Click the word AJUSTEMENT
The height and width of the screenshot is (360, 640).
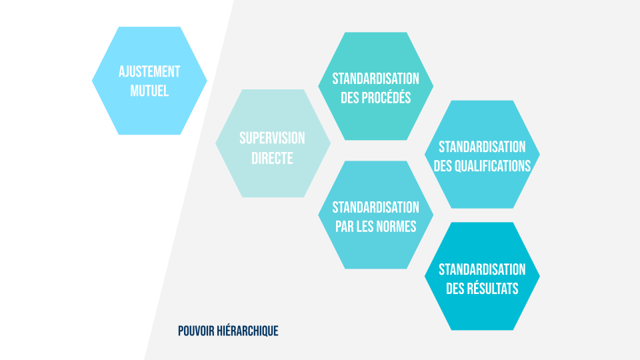pos(149,71)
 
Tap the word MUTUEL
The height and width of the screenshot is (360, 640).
pos(149,90)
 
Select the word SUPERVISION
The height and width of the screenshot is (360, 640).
pos(272,138)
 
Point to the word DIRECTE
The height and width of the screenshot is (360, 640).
pos(272,159)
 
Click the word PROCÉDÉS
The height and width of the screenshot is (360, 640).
pos(387,97)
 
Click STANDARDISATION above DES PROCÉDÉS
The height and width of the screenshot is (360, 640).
pos(376,79)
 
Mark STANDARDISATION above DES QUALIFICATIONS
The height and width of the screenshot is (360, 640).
pos(482,147)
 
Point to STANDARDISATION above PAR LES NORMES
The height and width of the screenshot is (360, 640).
pos(376,207)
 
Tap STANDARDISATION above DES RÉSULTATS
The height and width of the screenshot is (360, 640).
pos(482,269)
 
